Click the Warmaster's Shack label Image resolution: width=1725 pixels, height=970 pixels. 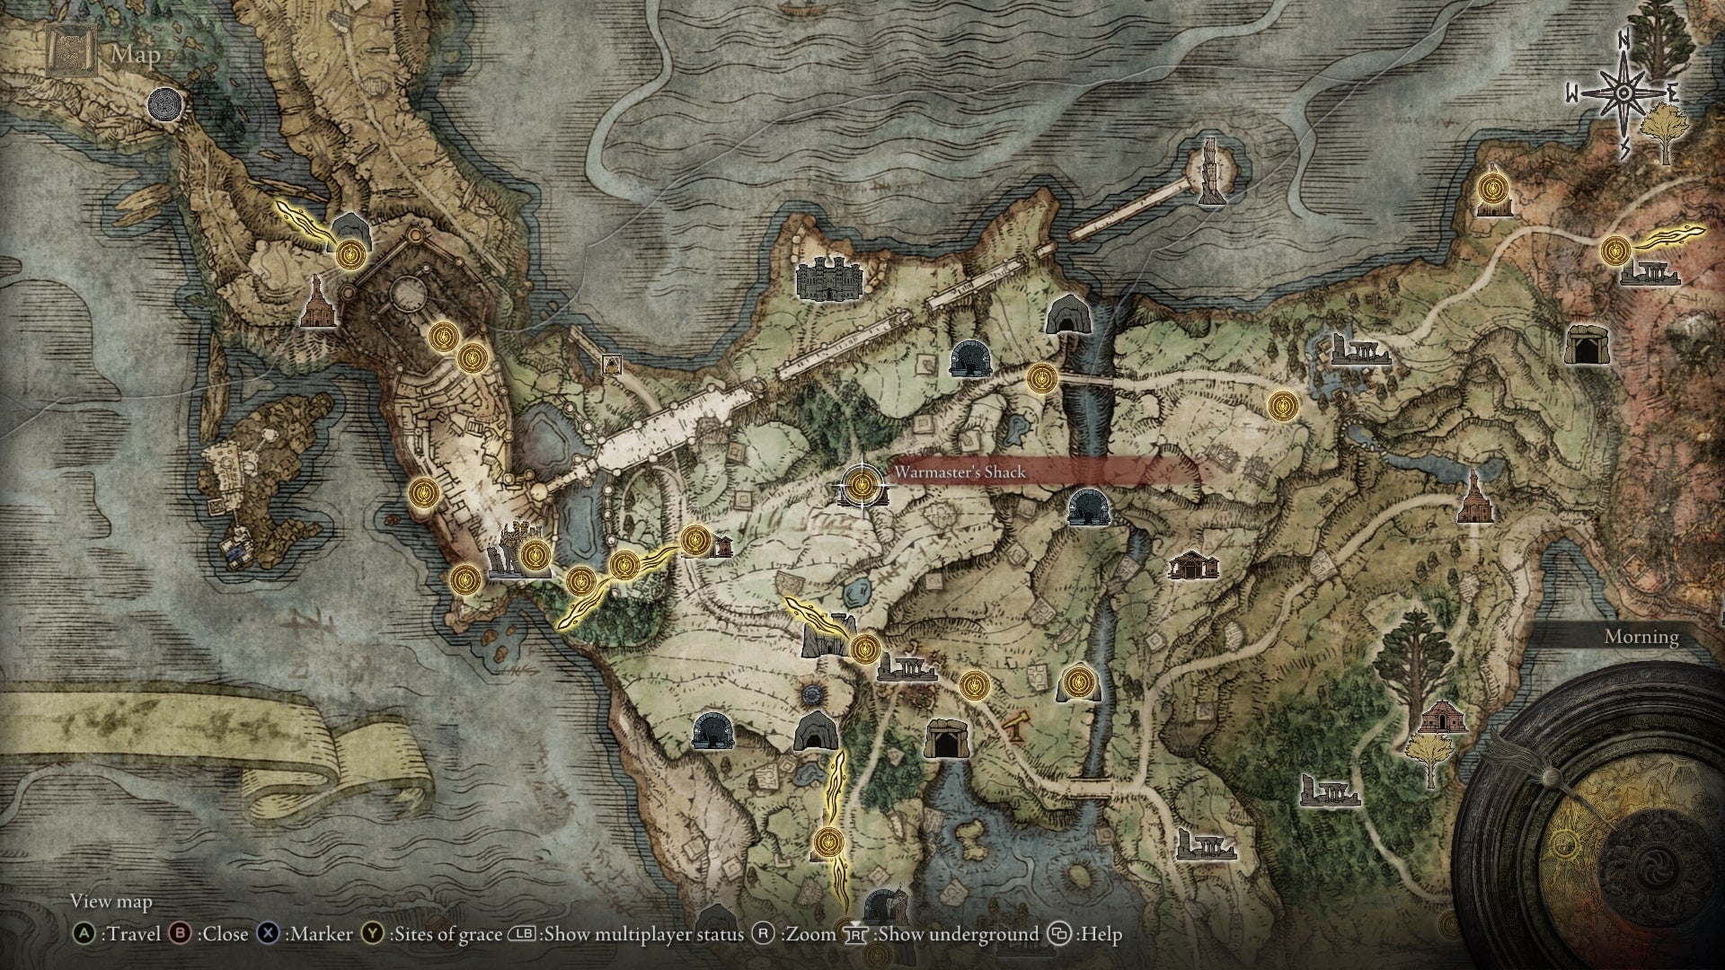tap(959, 472)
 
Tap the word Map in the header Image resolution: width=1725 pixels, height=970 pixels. tap(136, 55)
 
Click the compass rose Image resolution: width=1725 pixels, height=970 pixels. tap(1623, 93)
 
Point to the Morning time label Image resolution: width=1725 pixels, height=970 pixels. tap(1641, 637)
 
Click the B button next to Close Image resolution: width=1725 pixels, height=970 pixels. tap(180, 934)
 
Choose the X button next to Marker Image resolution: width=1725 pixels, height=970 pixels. tap(268, 934)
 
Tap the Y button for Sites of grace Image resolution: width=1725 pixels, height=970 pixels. tap(372, 934)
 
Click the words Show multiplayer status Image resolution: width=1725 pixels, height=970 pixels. tap(644, 934)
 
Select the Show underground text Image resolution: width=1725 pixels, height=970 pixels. tap(957, 934)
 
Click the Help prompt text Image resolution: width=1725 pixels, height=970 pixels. tap(1101, 934)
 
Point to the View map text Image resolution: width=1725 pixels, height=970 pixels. tap(111, 901)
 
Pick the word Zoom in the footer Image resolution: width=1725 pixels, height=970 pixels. tap(809, 934)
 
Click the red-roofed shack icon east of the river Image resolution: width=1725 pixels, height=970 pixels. tap(1192, 565)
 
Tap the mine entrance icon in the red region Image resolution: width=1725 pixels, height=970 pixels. tap(1588, 343)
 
